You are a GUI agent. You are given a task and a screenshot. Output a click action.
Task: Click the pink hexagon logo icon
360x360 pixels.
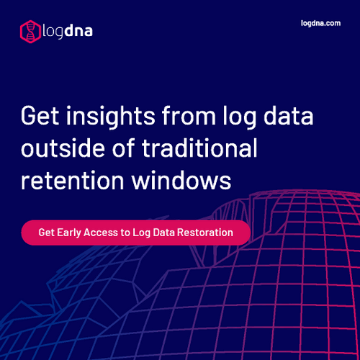tap(30, 30)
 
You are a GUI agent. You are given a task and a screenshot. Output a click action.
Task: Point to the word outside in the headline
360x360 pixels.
tap(64, 148)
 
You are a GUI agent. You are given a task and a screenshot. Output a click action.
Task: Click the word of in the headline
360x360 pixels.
tap(124, 148)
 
